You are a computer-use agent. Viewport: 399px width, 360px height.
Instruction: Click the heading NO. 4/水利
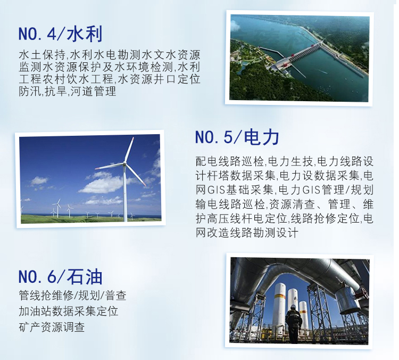point(60,34)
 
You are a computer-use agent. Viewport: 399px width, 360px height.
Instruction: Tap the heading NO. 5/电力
point(237,137)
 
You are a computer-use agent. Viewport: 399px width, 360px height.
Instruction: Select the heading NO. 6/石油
point(60,276)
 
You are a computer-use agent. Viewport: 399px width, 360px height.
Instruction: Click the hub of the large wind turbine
point(124,163)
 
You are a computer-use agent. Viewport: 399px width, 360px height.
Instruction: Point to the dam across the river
point(300,55)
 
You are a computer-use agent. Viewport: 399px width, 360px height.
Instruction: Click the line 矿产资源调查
point(52,327)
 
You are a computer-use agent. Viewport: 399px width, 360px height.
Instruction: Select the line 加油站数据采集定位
point(69,311)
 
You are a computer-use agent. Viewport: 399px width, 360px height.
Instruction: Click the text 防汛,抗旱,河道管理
point(68,91)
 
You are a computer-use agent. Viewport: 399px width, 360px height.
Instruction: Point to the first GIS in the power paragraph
point(217,190)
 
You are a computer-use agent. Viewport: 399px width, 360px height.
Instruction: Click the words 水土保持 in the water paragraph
point(42,55)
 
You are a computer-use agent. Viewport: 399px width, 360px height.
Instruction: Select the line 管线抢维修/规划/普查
point(72,296)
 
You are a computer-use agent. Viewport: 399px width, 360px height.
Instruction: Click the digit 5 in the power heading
point(228,137)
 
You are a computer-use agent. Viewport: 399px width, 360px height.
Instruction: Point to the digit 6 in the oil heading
point(52,276)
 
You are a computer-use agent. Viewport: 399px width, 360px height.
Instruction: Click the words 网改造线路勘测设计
point(246,233)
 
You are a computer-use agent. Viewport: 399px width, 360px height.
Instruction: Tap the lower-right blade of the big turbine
point(136,175)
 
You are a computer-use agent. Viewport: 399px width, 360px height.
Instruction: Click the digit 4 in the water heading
point(52,34)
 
